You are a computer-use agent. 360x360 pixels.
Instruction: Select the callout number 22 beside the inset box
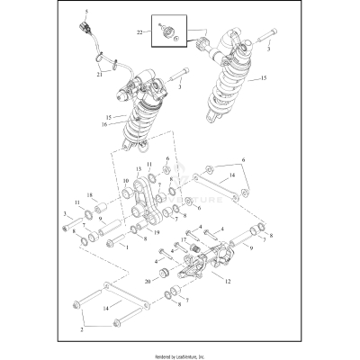(x=140, y=32)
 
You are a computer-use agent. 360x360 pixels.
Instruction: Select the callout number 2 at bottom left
(x=83, y=330)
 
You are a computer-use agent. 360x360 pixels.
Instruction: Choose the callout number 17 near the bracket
(x=183, y=240)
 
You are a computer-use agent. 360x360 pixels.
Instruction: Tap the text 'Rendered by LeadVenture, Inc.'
(x=180, y=354)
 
